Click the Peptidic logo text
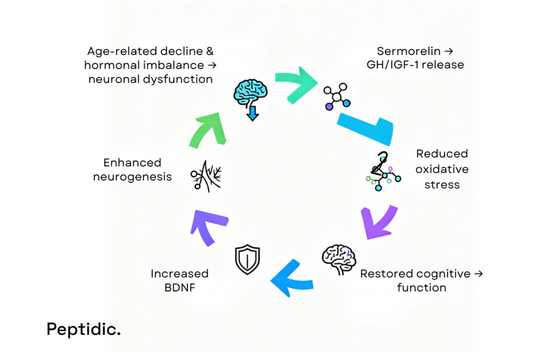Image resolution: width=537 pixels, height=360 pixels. tap(83, 329)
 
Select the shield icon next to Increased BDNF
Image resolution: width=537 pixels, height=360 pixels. tap(248, 259)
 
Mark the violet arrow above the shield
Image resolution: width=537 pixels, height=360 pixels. tap(209, 226)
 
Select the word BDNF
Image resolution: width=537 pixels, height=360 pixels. tap(179, 287)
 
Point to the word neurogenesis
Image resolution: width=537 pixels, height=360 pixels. tap(132, 176)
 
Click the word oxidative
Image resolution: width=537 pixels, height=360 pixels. tap(442, 169)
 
